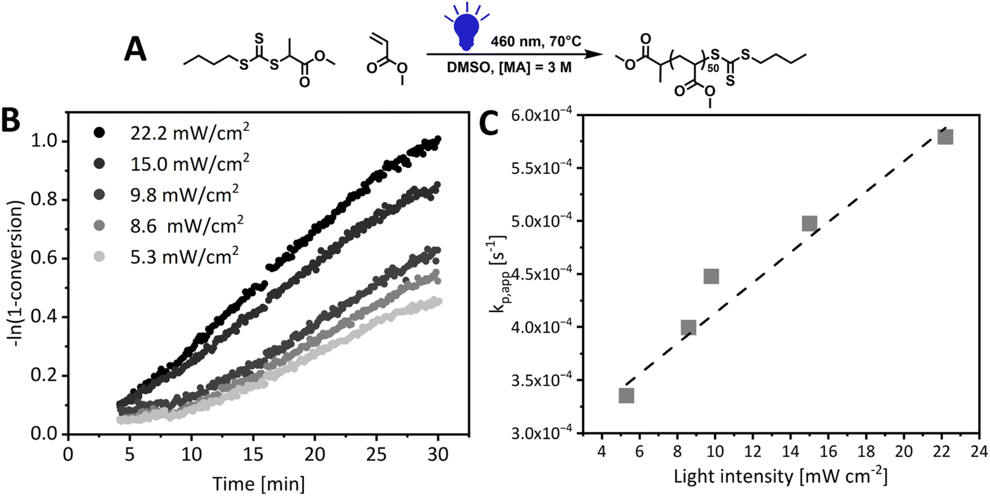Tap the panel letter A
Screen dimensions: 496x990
coord(135,49)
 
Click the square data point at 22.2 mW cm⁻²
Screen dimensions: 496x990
coord(945,136)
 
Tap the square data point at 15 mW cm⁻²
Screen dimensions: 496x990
coord(809,223)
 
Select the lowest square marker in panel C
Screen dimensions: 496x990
coord(626,396)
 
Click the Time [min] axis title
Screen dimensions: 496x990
coord(258,484)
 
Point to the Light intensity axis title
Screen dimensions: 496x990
coord(780,476)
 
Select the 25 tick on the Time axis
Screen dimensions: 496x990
coord(376,454)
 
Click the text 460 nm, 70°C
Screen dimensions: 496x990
coord(536,42)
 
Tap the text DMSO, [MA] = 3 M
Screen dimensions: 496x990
coord(509,67)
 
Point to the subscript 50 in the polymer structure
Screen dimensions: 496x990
coord(713,68)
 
